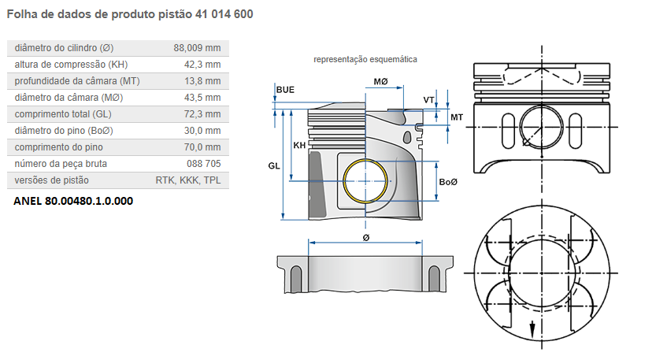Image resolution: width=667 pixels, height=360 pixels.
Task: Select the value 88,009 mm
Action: [197, 48]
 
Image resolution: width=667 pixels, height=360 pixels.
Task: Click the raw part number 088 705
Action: [204, 164]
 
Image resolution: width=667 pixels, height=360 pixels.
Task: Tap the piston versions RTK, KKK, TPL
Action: [188, 180]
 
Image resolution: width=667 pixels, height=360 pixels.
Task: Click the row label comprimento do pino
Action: [59, 147]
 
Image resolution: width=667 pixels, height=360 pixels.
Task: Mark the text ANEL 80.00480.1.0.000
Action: [73, 201]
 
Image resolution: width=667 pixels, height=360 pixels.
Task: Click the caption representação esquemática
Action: [365, 60]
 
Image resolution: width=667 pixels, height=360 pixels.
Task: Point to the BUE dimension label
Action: [285, 90]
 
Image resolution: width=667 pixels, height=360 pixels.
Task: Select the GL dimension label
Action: [274, 166]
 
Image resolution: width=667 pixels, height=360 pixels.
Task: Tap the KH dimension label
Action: [299, 146]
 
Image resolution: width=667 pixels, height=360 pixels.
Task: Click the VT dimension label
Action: [428, 100]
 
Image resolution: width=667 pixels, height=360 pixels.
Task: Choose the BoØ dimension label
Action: [448, 182]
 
